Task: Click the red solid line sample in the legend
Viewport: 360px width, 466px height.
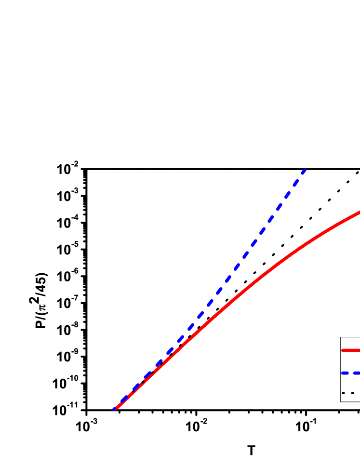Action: [x=351, y=350]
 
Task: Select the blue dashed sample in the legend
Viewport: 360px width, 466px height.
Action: [x=351, y=373]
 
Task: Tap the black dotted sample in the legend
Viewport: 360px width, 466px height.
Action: [x=348, y=393]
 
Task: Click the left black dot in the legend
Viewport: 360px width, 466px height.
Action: [x=343, y=393]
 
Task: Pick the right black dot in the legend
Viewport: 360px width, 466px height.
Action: [x=352, y=393]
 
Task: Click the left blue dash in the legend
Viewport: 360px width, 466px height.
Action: [x=345, y=373]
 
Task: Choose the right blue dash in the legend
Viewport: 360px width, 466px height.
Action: [x=357, y=373]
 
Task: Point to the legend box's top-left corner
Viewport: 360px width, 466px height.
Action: [x=341, y=338]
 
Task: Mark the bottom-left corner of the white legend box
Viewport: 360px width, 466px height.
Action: [x=341, y=401]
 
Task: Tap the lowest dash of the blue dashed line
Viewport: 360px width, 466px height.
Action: [x=114, y=410]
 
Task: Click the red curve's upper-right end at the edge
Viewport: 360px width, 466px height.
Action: [x=359, y=212]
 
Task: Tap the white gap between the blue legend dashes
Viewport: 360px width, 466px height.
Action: [x=351, y=373]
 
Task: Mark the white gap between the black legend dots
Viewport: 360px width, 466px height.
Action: [x=348, y=393]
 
